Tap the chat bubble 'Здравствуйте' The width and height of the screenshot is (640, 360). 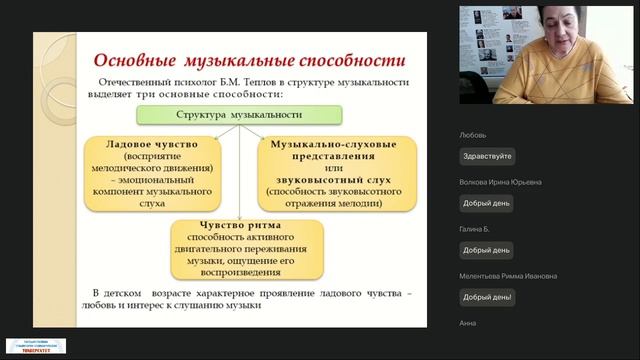tap(487, 156)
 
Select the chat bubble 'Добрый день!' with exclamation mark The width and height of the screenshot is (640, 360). tap(487, 296)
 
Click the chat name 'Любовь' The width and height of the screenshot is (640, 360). tap(473, 134)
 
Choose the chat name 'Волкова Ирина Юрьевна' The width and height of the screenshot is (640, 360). tap(500, 182)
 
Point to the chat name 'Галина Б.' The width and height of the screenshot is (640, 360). tap(476, 229)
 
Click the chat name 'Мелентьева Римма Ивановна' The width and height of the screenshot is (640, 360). tap(508, 276)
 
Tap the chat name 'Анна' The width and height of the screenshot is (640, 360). tap(468, 323)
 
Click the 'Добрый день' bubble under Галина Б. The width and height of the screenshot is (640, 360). tap(487, 250)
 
